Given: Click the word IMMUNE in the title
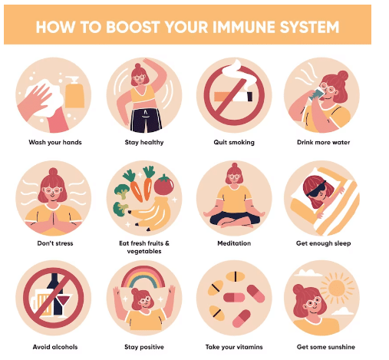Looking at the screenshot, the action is (244, 27).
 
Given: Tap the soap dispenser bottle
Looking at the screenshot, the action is (74, 93).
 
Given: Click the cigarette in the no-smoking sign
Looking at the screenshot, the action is (233, 97).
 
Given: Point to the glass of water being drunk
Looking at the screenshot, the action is (315, 94).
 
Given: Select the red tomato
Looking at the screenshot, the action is (163, 185).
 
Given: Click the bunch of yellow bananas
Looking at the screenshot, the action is (151, 213).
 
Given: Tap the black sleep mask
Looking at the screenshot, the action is (316, 190).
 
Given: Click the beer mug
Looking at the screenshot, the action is (41, 303).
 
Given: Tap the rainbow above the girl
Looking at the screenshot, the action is (143, 278).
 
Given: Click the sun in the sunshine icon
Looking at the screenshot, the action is (337, 288).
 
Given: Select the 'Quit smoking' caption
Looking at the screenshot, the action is (234, 143).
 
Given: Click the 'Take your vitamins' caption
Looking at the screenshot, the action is (234, 347).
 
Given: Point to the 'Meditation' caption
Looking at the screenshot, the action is (234, 243).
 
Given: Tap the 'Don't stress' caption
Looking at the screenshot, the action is (55, 243).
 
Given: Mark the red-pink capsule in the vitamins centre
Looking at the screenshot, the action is (234, 298).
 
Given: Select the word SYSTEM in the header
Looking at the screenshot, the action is (309, 27).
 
